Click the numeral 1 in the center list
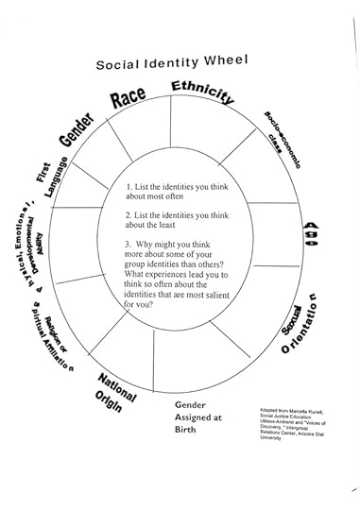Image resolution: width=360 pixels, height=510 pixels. [x=129, y=188]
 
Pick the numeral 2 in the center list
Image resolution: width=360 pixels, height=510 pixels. [x=129, y=215]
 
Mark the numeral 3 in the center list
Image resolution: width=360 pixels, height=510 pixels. [x=129, y=243]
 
